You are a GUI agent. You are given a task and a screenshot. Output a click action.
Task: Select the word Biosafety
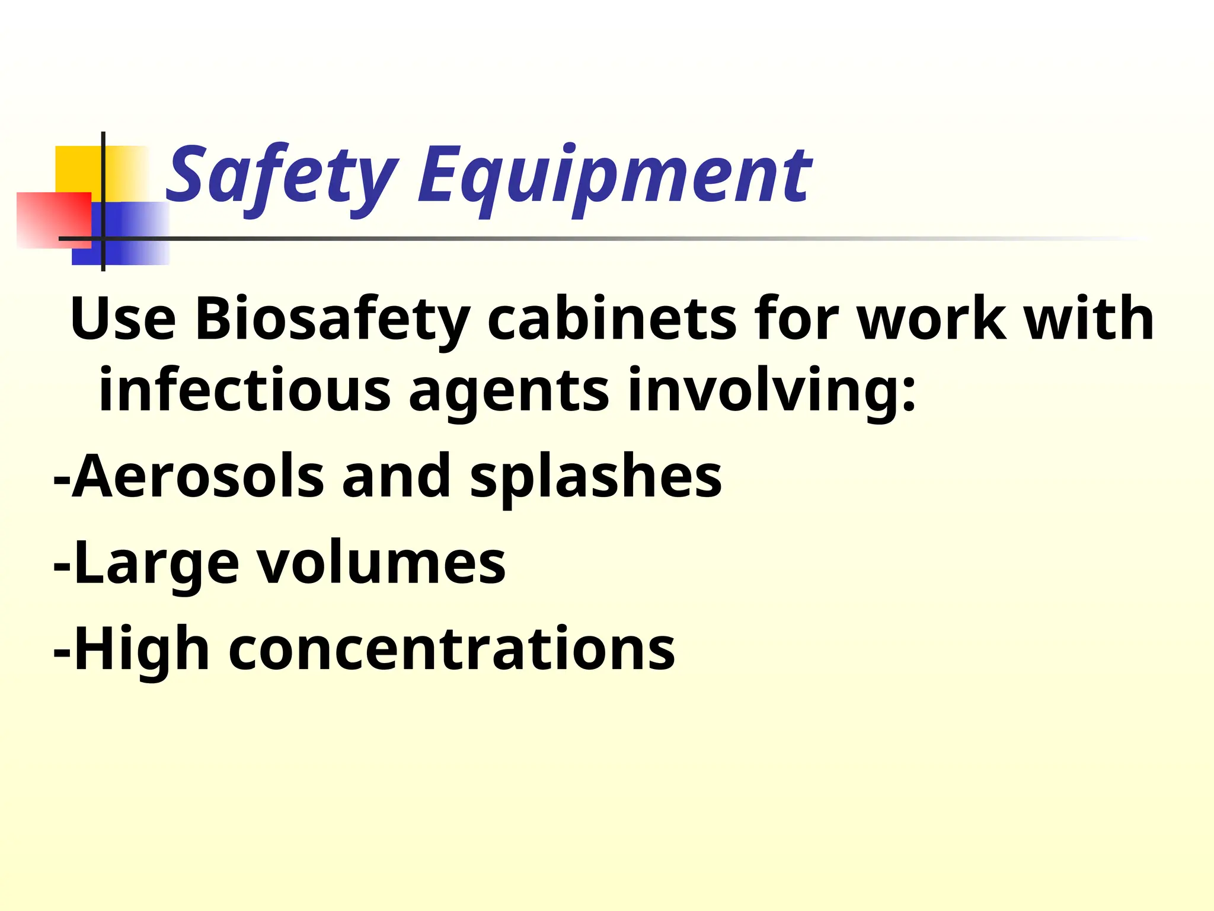[332, 320]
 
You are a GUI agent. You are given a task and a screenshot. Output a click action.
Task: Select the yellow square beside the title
[77, 169]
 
